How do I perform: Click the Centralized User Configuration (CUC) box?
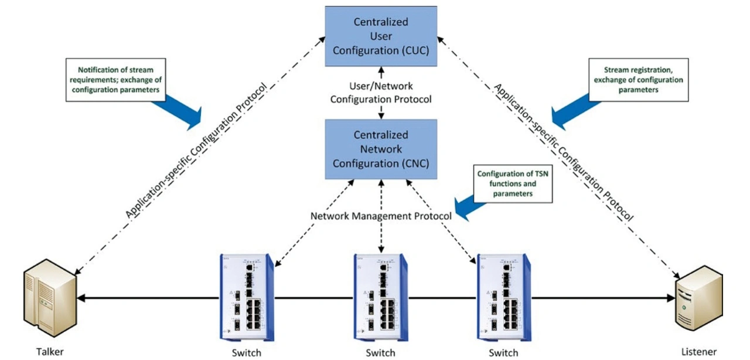pos(381,36)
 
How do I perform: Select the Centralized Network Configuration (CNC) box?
pos(381,149)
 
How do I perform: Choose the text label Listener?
pos(699,352)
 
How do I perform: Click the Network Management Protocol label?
pos(381,216)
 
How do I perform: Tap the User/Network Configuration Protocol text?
pos(381,93)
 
